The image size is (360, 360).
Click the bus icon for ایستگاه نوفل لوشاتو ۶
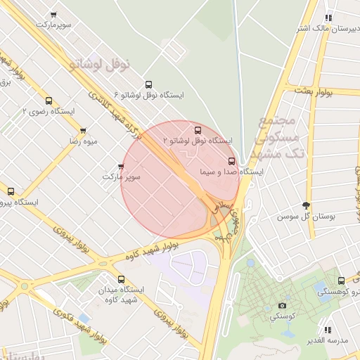[x=147, y=84]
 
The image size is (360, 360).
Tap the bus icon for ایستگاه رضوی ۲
[x=49, y=101]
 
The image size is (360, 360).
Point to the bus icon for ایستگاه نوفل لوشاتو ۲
[x=198, y=130]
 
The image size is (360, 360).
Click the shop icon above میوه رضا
[x=83, y=131]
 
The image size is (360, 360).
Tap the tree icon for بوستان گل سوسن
[x=305, y=205]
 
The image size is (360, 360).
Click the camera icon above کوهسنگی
[x=282, y=305]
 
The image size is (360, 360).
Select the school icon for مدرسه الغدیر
[x=327, y=329]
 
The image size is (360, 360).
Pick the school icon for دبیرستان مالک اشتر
[x=328, y=18]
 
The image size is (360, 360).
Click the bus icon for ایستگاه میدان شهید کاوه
[x=121, y=279]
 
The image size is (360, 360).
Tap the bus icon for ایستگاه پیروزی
[x=11, y=191]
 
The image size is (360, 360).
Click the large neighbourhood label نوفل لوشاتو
[x=101, y=65]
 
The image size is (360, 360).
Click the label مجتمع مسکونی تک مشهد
[x=282, y=136]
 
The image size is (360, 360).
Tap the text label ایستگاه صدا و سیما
[x=231, y=172]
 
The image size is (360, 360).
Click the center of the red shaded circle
[x=181, y=179]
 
